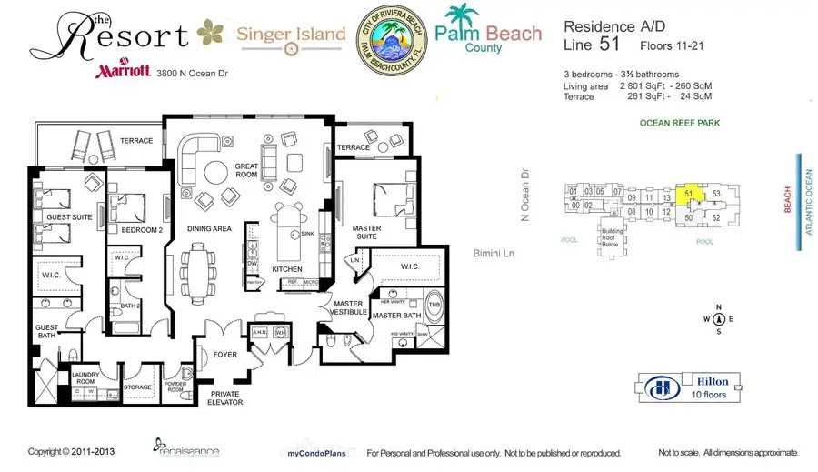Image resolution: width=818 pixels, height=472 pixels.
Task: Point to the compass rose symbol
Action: pos(719,318)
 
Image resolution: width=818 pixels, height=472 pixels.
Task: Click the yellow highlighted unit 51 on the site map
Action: pos(689,194)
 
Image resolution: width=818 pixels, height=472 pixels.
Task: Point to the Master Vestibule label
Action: pos(348,308)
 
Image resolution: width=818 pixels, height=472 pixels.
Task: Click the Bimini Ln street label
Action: pos(494,253)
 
